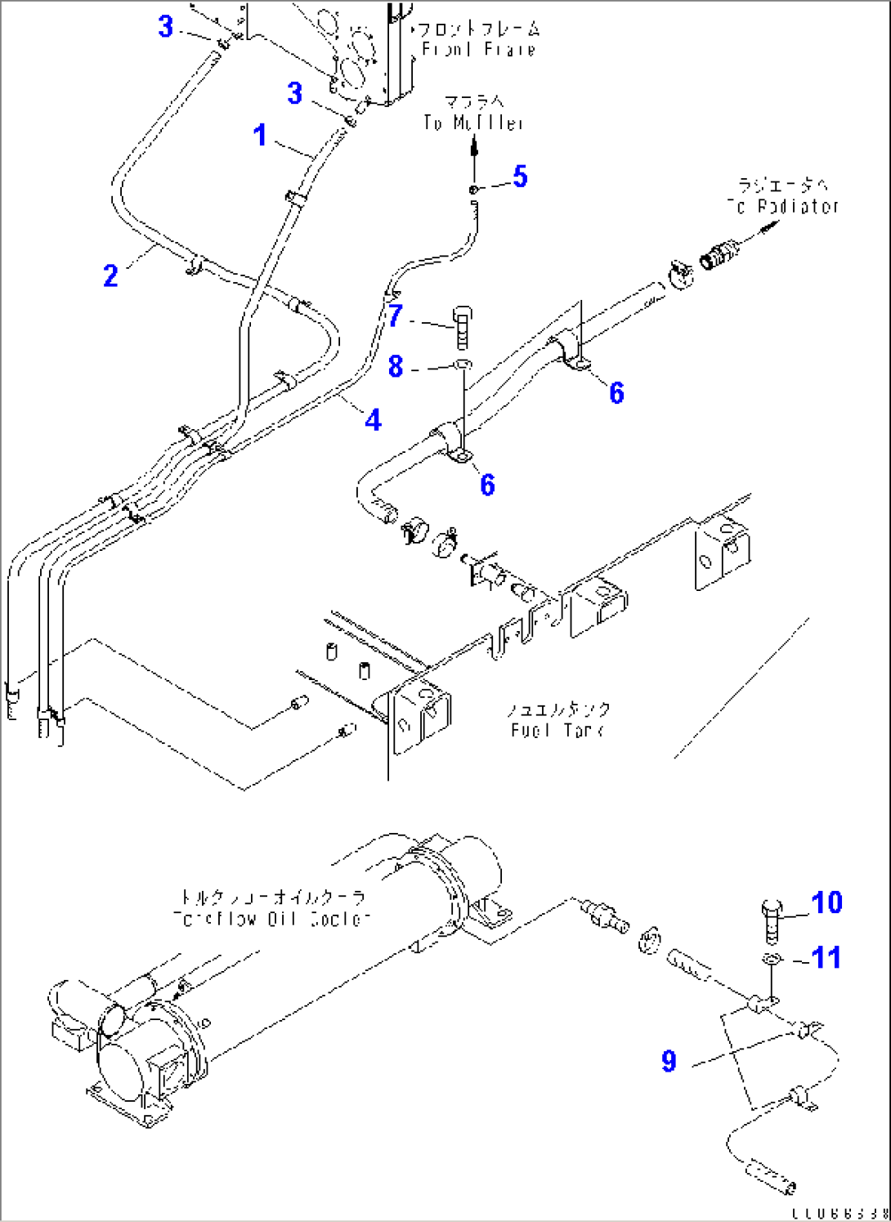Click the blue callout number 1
[x=260, y=135]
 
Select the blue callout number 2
[x=110, y=275]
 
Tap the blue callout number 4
[x=374, y=419]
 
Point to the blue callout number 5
[x=520, y=177]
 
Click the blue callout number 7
[x=396, y=315]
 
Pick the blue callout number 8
[x=396, y=366]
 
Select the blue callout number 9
[x=669, y=1061]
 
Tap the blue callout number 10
[x=826, y=902]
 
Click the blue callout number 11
[x=826, y=957]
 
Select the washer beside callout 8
[x=462, y=364]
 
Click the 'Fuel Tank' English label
[x=557, y=730]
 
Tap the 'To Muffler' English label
[x=474, y=123]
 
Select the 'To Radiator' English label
[x=783, y=207]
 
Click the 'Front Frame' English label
[x=478, y=49]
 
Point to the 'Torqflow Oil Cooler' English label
[x=272, y=919]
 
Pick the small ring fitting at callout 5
[x=474, y=190]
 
